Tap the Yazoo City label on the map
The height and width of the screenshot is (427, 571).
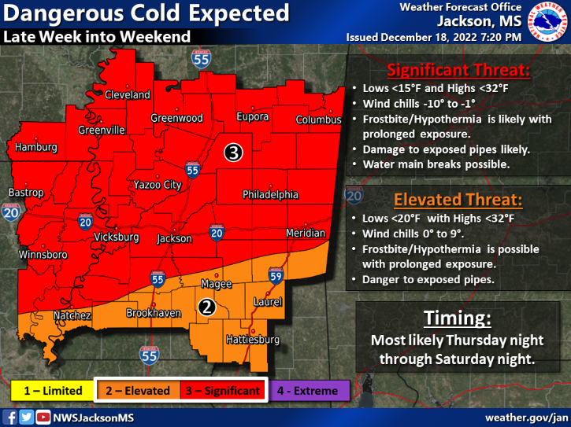(158, 185)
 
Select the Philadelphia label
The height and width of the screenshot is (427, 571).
(270, 194)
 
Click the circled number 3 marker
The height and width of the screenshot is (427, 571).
(232, 152)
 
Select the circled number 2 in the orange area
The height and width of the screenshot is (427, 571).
(206, 307)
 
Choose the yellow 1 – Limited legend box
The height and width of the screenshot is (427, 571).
(52, 391)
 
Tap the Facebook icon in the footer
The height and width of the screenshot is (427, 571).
(11, 417)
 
